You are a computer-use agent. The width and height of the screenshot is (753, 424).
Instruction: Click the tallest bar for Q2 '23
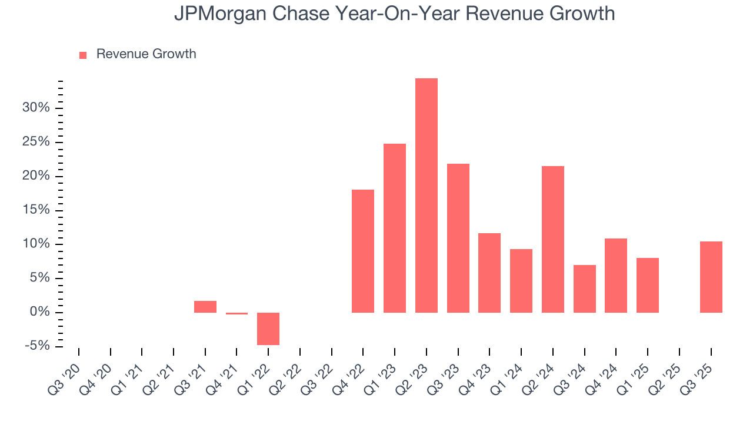(426, 196)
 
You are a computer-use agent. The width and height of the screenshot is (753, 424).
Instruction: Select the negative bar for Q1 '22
(268, 329)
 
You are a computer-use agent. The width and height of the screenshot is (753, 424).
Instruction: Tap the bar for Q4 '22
(363, 251)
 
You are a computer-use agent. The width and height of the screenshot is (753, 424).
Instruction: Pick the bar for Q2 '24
(553, 239)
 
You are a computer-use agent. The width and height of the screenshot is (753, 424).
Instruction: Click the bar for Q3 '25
(711, 277)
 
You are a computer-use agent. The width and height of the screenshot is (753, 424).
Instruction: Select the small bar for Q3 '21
(205, 307)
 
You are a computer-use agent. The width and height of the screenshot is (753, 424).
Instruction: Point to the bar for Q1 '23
(395, 228)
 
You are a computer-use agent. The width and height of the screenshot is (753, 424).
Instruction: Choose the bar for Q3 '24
(584, 289)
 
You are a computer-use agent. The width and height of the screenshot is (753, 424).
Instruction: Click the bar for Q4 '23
(489, 273)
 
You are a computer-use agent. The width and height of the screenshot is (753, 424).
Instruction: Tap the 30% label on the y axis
(36, 108)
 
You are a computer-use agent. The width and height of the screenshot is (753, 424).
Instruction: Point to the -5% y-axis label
(36, 346)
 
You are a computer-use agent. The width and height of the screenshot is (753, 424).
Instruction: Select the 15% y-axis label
(36, 210)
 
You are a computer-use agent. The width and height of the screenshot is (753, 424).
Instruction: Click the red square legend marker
(83, 55)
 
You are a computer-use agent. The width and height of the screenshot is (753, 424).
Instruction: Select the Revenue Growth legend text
(146, 54)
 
